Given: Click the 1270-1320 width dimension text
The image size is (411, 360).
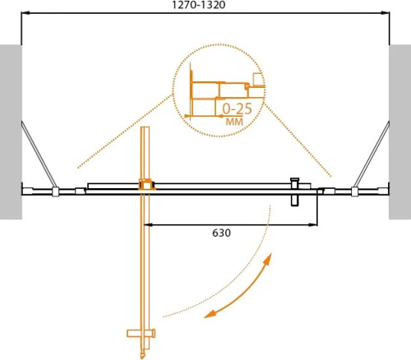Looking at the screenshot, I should point(204,6).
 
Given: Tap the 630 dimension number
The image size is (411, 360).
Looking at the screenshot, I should point(221,233).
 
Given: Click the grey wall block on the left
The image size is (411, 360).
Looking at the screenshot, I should point(10,132).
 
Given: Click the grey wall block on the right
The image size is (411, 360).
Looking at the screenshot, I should point(400,132).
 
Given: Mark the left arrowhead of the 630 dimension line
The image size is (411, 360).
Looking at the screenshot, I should point(150,224).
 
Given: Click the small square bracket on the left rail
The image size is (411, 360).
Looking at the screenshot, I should point(56,193).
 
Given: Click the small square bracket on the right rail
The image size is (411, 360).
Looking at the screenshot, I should point(355,193).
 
